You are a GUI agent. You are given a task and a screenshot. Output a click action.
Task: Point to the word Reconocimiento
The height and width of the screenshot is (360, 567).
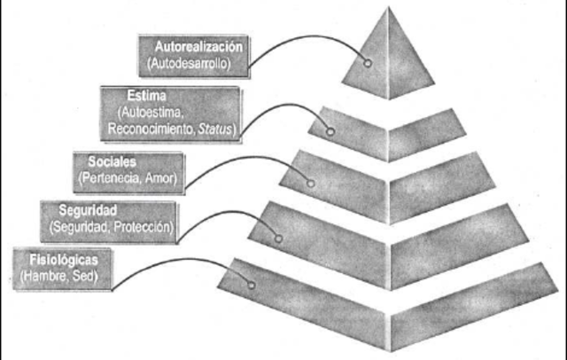[x=147, y=129]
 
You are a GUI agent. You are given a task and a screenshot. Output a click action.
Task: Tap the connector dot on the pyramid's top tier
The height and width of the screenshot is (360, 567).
[x=367, y=63]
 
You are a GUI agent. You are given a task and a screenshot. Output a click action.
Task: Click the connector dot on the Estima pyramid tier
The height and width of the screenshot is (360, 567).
[x=331, y=132]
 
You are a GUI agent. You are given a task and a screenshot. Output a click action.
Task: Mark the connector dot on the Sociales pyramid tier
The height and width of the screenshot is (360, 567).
[x=310, y=183]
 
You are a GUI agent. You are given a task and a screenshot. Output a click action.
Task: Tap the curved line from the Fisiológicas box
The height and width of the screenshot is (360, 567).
[x=159, y=265]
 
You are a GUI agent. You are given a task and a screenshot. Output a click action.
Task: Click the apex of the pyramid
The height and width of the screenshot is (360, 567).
[x=388, y=8]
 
